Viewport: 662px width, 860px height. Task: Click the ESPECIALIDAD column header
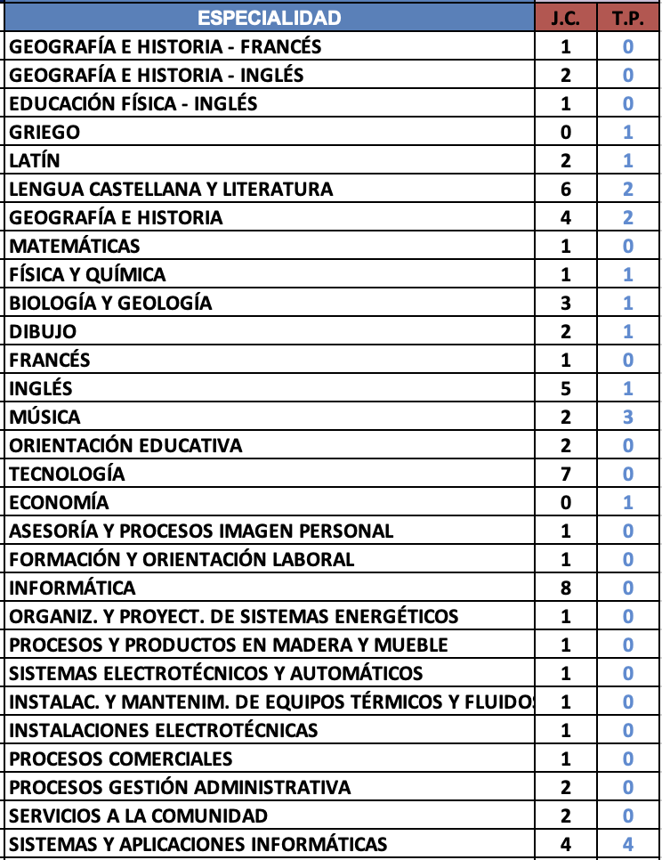point(269,18)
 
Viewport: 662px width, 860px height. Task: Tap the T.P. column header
point(628,18)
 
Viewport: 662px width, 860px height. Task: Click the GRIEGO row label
point(44,132)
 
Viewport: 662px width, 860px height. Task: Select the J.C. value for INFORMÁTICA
point(566,588)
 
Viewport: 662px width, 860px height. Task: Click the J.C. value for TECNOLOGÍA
point(566,474)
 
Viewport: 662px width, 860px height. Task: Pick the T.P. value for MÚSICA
point(628,417)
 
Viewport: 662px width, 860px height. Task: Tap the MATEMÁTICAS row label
point(75,246)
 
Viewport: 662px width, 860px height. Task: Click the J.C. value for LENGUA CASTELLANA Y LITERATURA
point(566,189)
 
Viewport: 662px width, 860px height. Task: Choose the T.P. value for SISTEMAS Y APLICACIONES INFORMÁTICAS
point(628,844)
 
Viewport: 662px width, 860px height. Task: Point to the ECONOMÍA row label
point(59,502)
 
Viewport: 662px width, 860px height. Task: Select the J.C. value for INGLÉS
point(566,388)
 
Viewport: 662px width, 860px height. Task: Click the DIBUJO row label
point(43,331)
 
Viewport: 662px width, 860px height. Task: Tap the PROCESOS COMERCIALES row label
point(121,759)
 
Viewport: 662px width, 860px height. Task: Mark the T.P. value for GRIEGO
point(628,132)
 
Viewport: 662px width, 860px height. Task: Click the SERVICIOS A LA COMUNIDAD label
point(138,815)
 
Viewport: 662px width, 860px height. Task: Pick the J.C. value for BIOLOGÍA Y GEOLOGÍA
point(566,303)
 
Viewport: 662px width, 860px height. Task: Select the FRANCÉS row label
point(50,360)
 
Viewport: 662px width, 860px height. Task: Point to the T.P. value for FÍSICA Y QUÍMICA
point(628,274)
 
